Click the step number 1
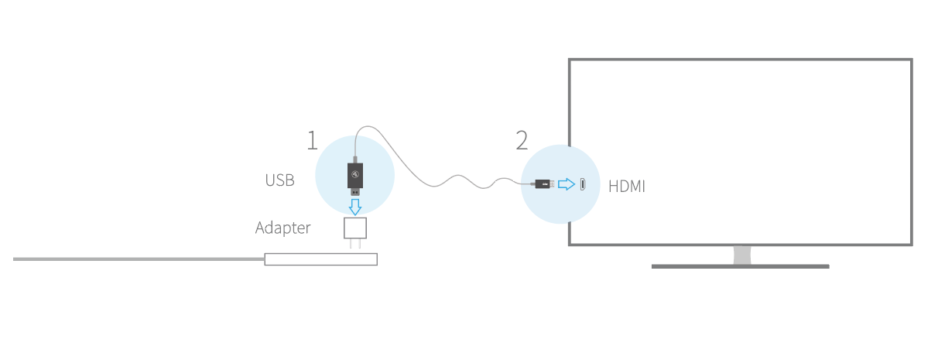[312, 141]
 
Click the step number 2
[522, 141]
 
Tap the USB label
[279, 180]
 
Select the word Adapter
[282, 228]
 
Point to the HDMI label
[626, 187]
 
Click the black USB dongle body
[355, 173]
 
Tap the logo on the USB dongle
[355, 175]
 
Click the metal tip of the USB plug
[355, 192]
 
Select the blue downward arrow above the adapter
[355, 206]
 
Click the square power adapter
[355, 228]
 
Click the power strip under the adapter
[320, 259]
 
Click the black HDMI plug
[543, 184]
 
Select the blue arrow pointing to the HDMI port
[567, 184]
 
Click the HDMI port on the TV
[582, 184]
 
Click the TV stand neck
[741, 255]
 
